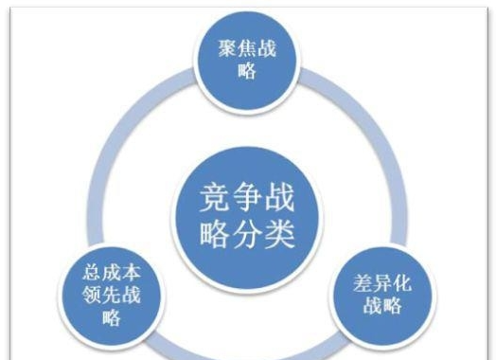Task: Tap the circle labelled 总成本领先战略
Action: pos(112,293)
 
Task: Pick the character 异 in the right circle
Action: pos(382,283)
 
